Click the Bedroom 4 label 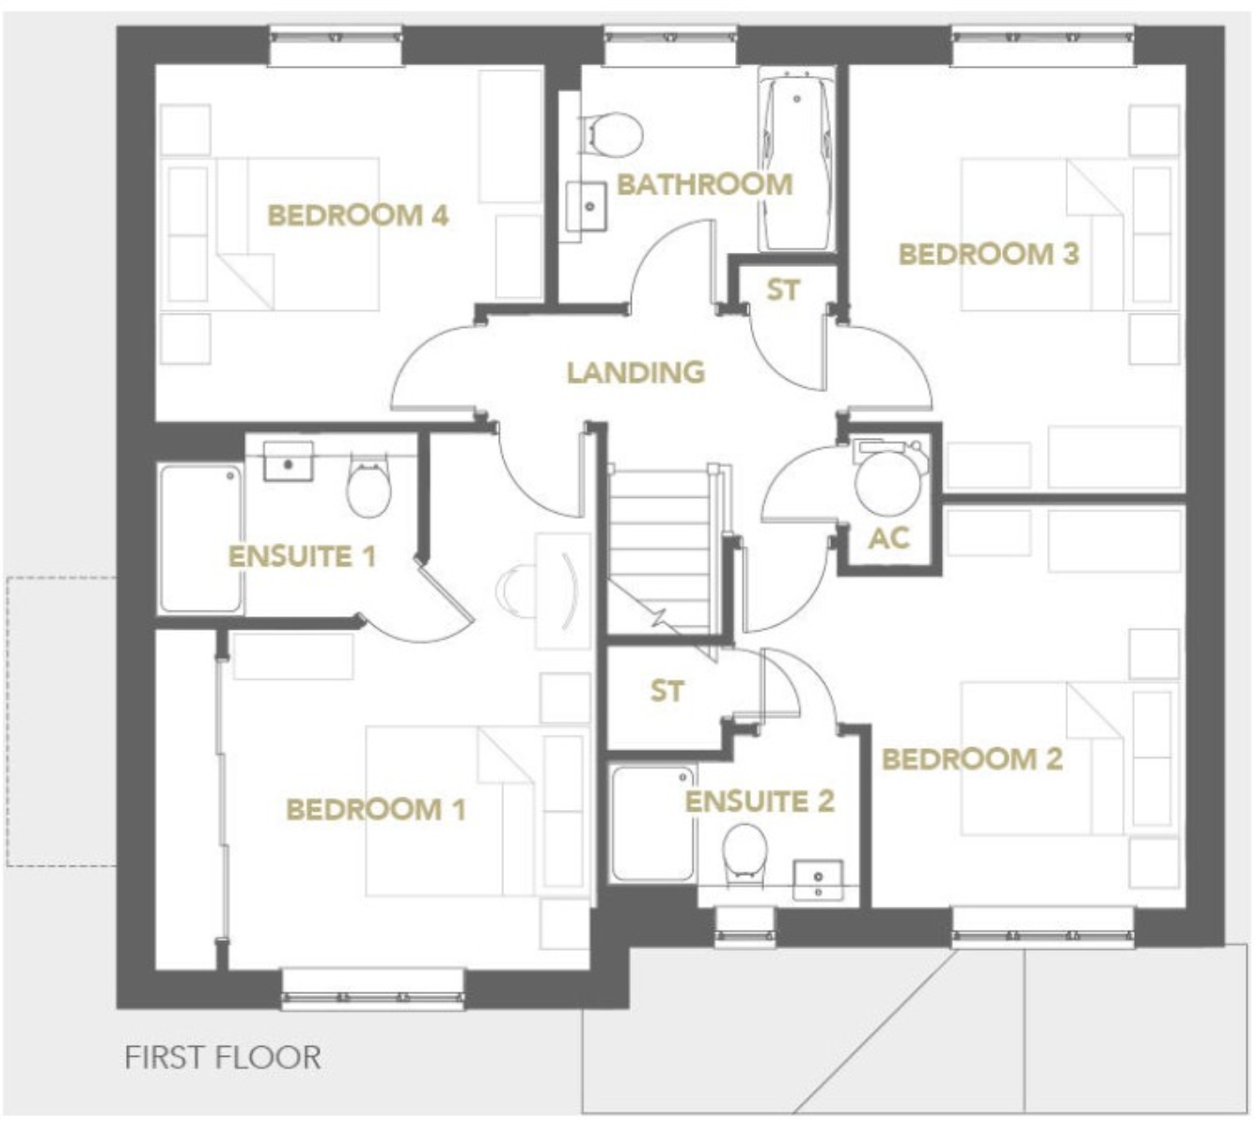pos(358,215)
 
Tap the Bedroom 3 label pos(988,254)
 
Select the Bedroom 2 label pos(971,758)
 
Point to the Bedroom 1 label pos(375,809)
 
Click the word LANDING pos(635,372)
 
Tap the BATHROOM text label pos(704,184)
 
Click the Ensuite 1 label pos(302,555)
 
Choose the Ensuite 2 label pos(759,802)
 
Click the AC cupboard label pos(888,538)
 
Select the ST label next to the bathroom pos(782,290)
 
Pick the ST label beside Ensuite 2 pos(667,692)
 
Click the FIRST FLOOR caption pos(222,1057)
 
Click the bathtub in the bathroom pos(796,164)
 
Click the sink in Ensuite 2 pos(818,880)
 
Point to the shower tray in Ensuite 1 pos(199,538)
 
